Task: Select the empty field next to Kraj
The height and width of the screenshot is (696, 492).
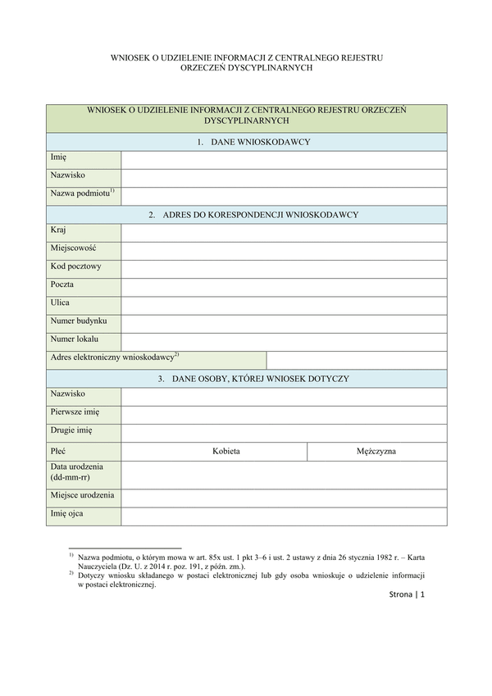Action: [284, 233]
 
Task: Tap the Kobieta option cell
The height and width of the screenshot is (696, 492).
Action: [225, 451]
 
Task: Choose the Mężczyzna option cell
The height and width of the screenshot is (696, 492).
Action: [376, 451]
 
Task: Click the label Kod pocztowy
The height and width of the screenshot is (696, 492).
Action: [75, 266]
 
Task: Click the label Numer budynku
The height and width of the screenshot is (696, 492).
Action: [78, 321]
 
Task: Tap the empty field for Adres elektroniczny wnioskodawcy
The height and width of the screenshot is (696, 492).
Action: [357, 360]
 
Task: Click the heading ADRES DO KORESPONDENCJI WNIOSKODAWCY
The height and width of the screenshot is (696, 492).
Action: [253, 215]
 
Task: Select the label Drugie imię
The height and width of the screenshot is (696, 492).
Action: [71, 430]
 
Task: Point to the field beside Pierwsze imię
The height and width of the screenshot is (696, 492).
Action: [284, 414]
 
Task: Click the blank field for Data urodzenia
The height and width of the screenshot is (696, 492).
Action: [284, 474]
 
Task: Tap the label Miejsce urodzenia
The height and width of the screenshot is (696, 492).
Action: [82, 495]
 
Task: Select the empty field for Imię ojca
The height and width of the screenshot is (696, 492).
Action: [284, 516]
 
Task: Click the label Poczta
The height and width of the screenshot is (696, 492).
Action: [61, 284]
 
